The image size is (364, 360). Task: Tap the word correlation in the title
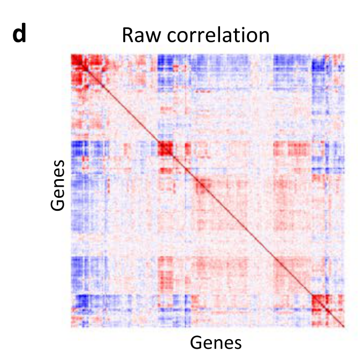pyautogui.click(x=216, y=35)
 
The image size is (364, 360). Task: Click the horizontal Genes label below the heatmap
pyautogui.click(x=216, y=342)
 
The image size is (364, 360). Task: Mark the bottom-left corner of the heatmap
pyautogui.click(x=71, y=327)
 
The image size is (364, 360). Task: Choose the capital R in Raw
pyautogui.click(x=128, y=35)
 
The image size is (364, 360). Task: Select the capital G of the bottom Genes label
pyautogui.click(x=196, y=342)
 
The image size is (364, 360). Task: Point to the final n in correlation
pyautogui.click(x=263, y=36)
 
